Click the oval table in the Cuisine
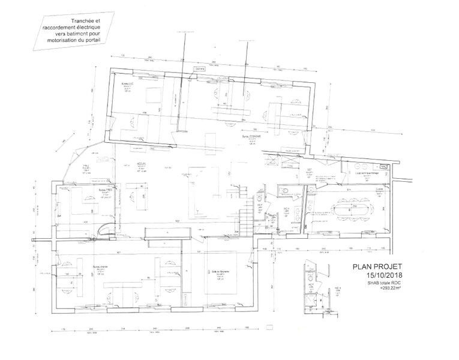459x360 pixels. point(352,209)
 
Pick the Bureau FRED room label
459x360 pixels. point(106,189)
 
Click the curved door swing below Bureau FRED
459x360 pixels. point(104,229)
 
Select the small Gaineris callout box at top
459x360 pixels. point(200,68)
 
